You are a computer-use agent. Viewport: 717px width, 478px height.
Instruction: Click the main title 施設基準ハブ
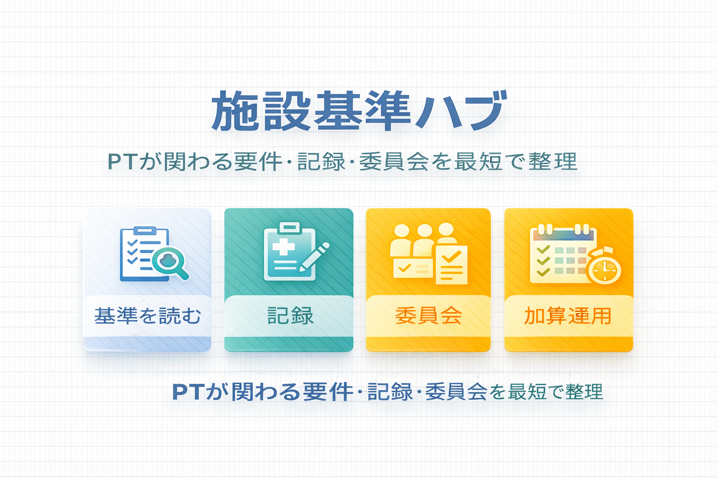(359, 111)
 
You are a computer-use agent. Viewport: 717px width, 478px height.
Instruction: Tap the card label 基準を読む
(148, 316)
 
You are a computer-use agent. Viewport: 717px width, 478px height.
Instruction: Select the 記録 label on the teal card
(290, 316)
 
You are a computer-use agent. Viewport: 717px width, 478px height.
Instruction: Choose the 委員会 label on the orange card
(428, 316)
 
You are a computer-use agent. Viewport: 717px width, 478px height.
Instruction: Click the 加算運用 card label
(568, 316)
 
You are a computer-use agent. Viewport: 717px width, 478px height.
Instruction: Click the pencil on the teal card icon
(314, 257)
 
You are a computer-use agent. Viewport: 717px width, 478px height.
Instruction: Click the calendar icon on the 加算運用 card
(563, 253)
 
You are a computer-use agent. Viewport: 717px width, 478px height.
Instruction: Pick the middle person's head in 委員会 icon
(425, 231)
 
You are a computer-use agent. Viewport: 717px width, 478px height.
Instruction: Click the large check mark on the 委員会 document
(451, 256)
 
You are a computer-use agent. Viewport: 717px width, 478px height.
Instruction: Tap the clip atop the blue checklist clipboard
(145, 231)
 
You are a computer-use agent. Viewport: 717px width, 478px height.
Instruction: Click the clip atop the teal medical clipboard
(290, 228)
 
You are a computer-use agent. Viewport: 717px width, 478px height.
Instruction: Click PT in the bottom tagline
(188, 392)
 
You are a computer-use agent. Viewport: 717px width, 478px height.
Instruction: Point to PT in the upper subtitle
(123, 162)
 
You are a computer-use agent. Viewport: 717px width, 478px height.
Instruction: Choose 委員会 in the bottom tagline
(456, 392)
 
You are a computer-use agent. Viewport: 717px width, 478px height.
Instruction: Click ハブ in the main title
(461, 111)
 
